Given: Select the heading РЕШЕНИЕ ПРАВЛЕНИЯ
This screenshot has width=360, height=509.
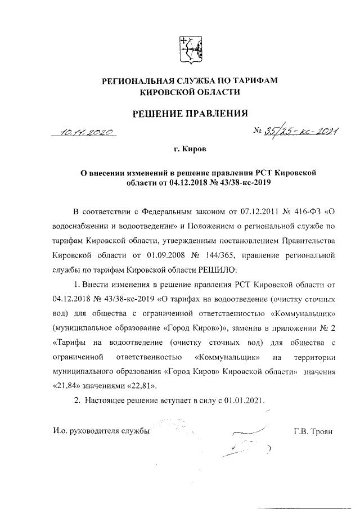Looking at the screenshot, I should (190, 114).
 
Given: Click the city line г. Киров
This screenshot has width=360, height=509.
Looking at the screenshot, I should (189, 151).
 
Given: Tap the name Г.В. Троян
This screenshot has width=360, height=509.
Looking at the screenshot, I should (313, 431).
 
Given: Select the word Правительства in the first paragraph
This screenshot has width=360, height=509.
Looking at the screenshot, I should (307, 241).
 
